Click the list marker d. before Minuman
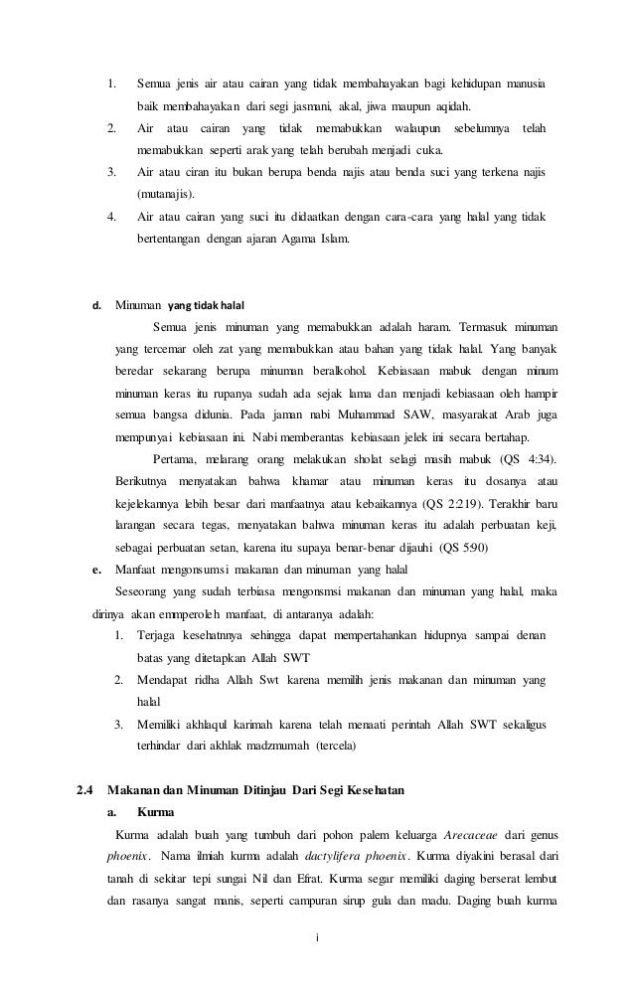tap(97, 304)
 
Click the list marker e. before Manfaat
tap(97, 569)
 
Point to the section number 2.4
tap(85, 791)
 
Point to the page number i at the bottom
tap(316, 937)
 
